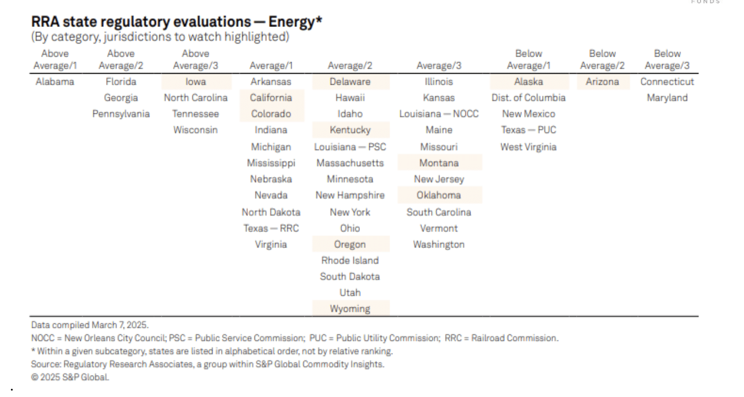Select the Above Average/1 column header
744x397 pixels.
tap(55, 60)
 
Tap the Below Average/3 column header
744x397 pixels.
tap(667, 60)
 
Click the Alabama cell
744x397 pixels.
tap(55, 82)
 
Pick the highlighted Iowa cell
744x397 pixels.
tap(196, 82)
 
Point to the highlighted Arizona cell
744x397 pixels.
tap(602, 82)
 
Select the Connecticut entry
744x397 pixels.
tap(667, 82)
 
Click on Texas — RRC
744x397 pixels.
tap(271, 228)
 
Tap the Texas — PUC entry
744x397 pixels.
tap(528, 130)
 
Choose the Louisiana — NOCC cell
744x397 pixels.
tap(438, 114)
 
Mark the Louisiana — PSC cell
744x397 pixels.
tap(350, 147)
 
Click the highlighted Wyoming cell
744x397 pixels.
tap(350, 309)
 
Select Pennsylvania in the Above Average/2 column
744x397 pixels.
tap(121, 114)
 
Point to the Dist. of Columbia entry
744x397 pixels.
tap(528, 98)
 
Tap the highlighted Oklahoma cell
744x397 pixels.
tap(438, 195)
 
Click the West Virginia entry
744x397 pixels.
tap(528, 147)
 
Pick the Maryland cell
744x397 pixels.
tap(667, 98)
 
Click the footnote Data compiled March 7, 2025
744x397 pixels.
tap(90, 325)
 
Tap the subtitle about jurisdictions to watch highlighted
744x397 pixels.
tap(160, 37)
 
